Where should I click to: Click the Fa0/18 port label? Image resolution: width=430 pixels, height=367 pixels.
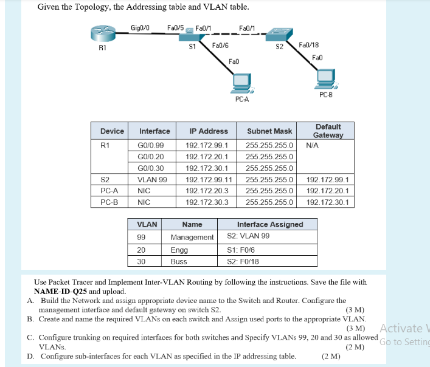pos(310,45)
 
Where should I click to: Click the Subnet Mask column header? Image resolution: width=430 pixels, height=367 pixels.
pos(269,131)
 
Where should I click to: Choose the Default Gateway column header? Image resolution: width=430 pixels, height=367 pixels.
pos(328,131)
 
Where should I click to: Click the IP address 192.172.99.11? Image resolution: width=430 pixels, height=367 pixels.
pos(208,180)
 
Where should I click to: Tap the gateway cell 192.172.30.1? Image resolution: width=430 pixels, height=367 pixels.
pos(328,202)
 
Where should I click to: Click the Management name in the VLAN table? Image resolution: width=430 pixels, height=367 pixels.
pos(192,237)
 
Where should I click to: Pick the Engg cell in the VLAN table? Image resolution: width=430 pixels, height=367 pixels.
pos(179,249)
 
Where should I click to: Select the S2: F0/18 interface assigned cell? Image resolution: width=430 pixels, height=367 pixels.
pos(243,261)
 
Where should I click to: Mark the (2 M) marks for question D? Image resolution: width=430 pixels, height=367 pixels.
pos(331,356)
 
